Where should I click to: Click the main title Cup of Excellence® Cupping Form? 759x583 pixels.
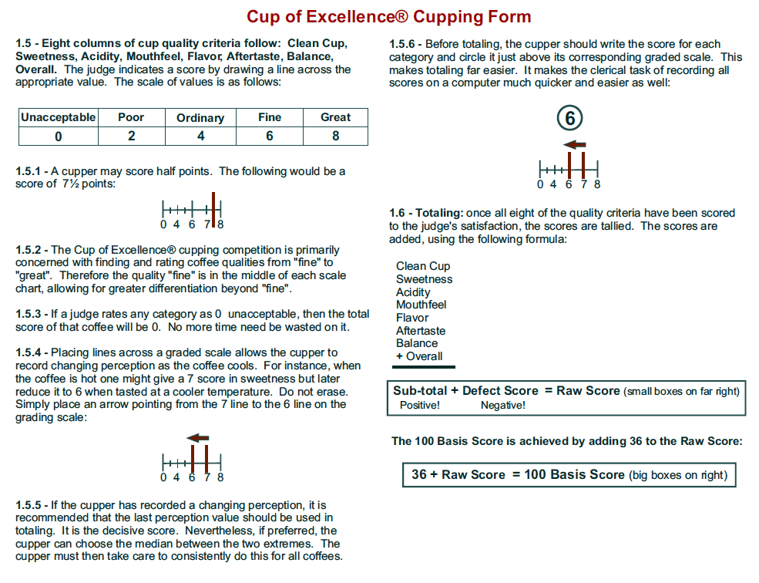[x=388, y=17]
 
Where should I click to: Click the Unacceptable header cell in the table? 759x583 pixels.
[x=59, y=117]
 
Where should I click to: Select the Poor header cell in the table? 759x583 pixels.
[x=131, y=117]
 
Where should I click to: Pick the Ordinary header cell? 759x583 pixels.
[x=200, y=118]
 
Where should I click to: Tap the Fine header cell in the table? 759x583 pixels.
[x=270, y=117]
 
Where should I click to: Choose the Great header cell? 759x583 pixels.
[x=335, y=117]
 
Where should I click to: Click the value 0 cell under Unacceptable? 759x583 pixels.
[x=59, y=136]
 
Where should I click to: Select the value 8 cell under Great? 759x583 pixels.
[x=335, y=136]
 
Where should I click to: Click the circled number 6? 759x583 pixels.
[x=570, y=119]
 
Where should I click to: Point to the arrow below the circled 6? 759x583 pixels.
[x=575, y=144]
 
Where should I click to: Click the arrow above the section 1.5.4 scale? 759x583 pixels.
[x=198, y=438]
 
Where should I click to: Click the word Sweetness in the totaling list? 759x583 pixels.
[x=424, y=279]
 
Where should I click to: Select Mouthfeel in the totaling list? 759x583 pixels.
[x=421, y=305]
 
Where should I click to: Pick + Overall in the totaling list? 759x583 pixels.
[x=419, y=356]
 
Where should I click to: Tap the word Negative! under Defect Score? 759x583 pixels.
[x=502, y=405]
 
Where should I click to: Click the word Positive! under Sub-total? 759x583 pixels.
[x=420, y=405]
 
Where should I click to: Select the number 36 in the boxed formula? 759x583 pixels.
[x=418, y=474]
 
